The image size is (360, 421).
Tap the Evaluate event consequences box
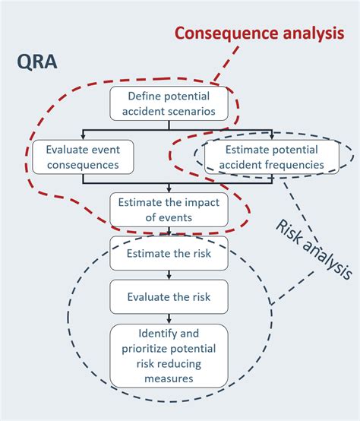click(x=82, y=157)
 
